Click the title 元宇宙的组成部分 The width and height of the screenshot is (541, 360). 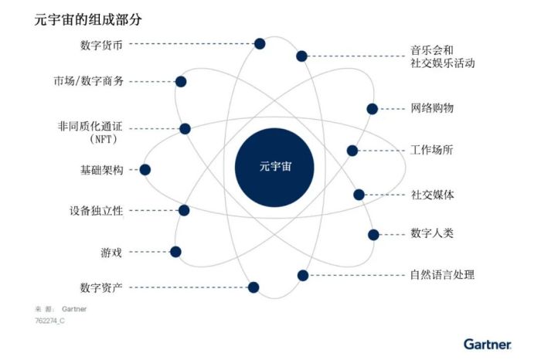(x=88, y=19)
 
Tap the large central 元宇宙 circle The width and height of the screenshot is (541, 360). (x=274, y=168)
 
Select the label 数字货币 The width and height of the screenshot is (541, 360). (x=101, y=45)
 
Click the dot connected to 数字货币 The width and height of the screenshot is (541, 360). (x=260, y=44)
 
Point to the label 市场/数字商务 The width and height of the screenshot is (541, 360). (x=88, y=81)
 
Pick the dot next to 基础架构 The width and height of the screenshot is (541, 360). (x=145, y=170)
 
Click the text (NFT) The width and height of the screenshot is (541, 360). (x=103, y=139)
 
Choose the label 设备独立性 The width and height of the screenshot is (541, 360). (x=97, y=210)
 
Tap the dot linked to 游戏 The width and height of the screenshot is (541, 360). (x=175, y=252)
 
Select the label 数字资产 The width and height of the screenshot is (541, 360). (x=101, y=287)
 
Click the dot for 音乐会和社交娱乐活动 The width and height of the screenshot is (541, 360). (x=301, y=56)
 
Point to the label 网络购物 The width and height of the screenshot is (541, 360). (x=431, y=108)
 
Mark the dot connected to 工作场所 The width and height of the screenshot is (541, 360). (x=352, y=151)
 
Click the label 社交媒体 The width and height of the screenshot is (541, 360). (x=432, y=195)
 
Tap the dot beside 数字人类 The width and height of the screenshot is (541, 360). (x=373, y=235)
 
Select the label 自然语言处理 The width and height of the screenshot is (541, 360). (x=442, y=275)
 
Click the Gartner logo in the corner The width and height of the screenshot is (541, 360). (x=488, y=344)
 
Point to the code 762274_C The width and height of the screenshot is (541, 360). (x=49, y=321)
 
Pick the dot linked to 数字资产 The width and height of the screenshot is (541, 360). (x=253, y=287)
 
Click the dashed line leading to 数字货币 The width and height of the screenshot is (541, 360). (x=192, y=44)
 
